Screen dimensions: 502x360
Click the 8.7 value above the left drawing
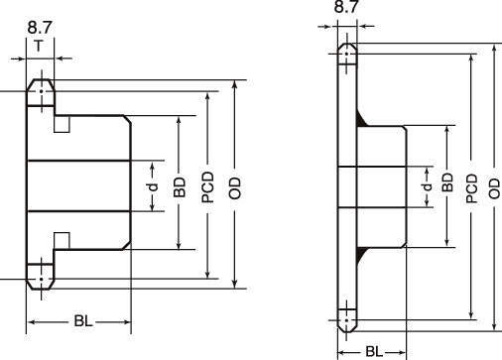coord(40,27)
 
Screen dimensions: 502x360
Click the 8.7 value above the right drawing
coord(346,6)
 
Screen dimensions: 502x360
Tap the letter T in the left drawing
coord(39,46)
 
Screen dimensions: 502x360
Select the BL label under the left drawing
coord(83,321)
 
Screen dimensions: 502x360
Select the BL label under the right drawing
coord(374,352)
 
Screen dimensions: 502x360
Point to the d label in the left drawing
coord(153,187)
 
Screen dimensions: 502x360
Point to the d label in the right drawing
coord(428,186)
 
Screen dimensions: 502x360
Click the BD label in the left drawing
coord(180,187)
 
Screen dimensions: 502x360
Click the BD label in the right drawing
coord(447,182)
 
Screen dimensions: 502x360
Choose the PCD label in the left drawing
coord(208,187)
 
